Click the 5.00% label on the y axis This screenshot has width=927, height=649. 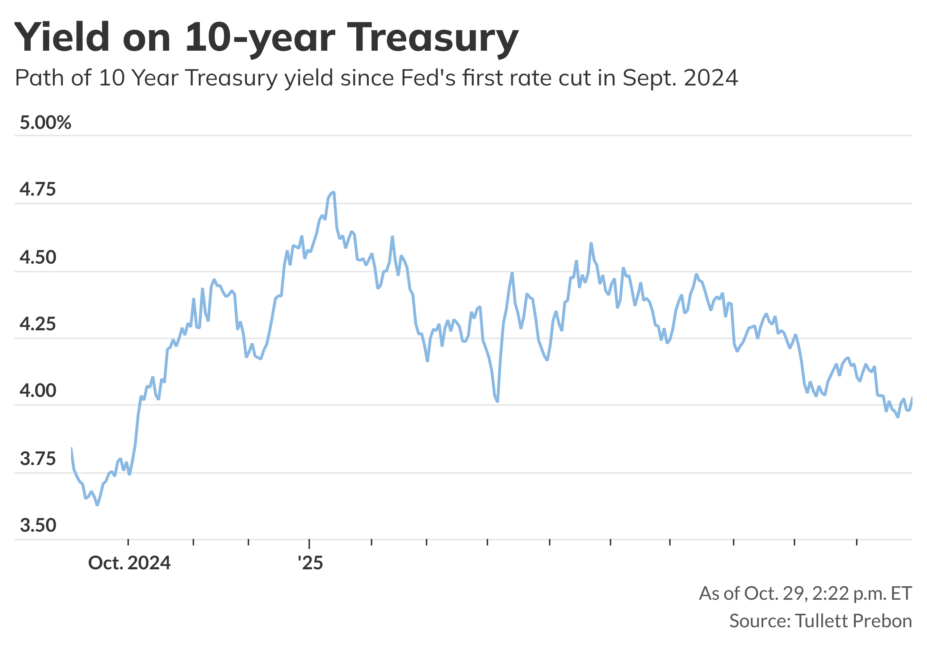click(45, 122)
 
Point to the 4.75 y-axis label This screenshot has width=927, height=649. click(38, 189)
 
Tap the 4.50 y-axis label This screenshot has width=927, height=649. click(38, 257)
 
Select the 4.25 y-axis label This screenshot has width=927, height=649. click(38, 324)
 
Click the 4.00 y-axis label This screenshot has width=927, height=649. click(38, 390)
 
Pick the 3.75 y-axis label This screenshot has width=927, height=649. click(38, 459)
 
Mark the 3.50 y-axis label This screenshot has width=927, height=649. click(38, 525)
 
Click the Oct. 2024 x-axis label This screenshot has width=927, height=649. click(129, 562)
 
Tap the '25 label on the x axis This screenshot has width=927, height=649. click(310, 562)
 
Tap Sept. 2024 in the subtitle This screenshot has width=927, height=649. click(680, 78)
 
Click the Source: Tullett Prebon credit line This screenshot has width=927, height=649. click(821, 621)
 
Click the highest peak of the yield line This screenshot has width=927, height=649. click(334, 192)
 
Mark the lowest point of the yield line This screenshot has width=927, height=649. click(97, 505)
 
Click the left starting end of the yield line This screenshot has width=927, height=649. click(72, 448)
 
